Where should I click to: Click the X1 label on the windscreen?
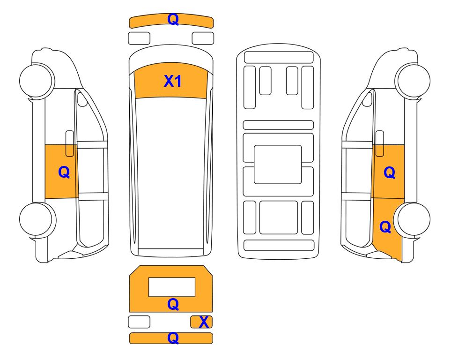(x=172, y=81)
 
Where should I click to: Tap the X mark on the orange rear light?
(x=204, y=322)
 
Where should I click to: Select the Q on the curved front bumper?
(x=173, y=19)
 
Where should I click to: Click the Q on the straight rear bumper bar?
(x=173, y=338)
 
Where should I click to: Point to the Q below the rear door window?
(x=173, y=304)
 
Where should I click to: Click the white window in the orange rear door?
(x=172, y=287)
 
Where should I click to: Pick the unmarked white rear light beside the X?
(x=139, y=322)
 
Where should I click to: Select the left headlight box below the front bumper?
(x=139, y=38)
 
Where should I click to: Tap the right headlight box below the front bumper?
(x=203, y=38)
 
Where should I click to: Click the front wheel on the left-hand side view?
(x=37, y=80)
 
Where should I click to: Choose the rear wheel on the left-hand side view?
(x=37, y=219)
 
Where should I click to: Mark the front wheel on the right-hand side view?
(x=413, y=80)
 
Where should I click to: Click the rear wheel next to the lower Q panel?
(x=413, y=219)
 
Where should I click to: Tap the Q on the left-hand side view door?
(x=64, y=172)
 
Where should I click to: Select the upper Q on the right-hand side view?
(x=390, y=172)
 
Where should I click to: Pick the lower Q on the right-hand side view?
(x=385, y=227)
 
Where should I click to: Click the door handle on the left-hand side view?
(x=70, y=143)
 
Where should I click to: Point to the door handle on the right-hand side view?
(x=380, y=143)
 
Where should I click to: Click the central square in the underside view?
(x=278, y=165)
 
